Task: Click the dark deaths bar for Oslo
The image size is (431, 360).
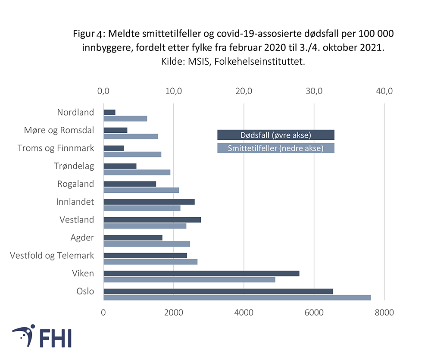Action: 218,291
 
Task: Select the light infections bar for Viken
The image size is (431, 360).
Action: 189,279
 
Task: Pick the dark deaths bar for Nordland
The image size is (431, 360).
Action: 109,112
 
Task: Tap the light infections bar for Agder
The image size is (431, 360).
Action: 147,244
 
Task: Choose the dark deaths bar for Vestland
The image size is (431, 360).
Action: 152,220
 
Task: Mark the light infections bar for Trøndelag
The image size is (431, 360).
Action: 137,172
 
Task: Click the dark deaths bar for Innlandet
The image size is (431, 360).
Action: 149,202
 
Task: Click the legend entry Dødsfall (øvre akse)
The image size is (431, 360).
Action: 276,135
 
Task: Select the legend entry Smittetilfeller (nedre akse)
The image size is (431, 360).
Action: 276,148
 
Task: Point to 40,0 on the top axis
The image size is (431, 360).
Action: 384,91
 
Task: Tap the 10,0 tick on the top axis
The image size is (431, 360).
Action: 174,91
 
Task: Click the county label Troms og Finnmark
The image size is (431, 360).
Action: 56,148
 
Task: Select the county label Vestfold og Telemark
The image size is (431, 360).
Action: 52,256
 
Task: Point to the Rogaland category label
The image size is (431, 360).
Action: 75,184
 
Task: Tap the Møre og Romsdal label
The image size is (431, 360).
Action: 59,130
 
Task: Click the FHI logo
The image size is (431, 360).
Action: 42,336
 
